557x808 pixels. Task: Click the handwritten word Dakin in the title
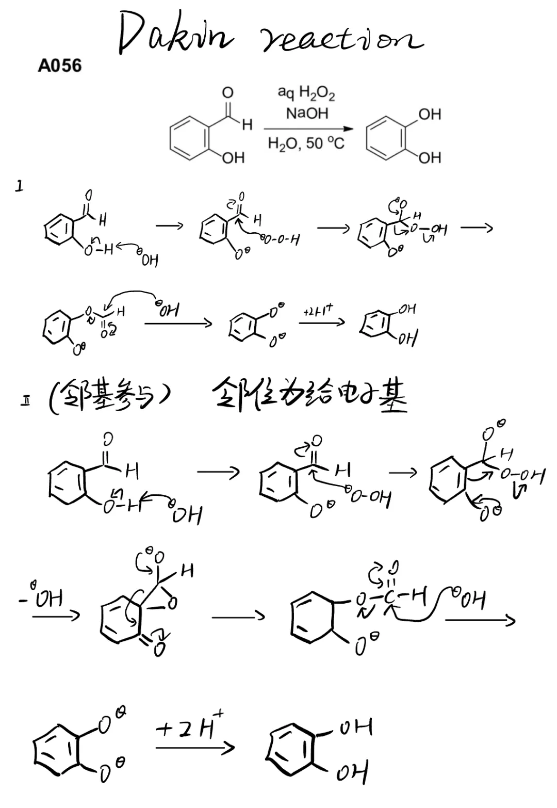click(x=175, y=34)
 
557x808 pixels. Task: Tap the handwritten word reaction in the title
click(x=340, y=39)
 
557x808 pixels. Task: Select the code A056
click(x=59, y=66)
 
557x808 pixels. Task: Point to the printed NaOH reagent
click(x=307, y=113)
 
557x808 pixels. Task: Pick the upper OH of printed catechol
click(x=430, y=114)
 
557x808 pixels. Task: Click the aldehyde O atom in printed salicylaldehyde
click(x=227, y=93)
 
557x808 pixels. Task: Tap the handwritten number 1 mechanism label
click(x=19, y=186)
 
